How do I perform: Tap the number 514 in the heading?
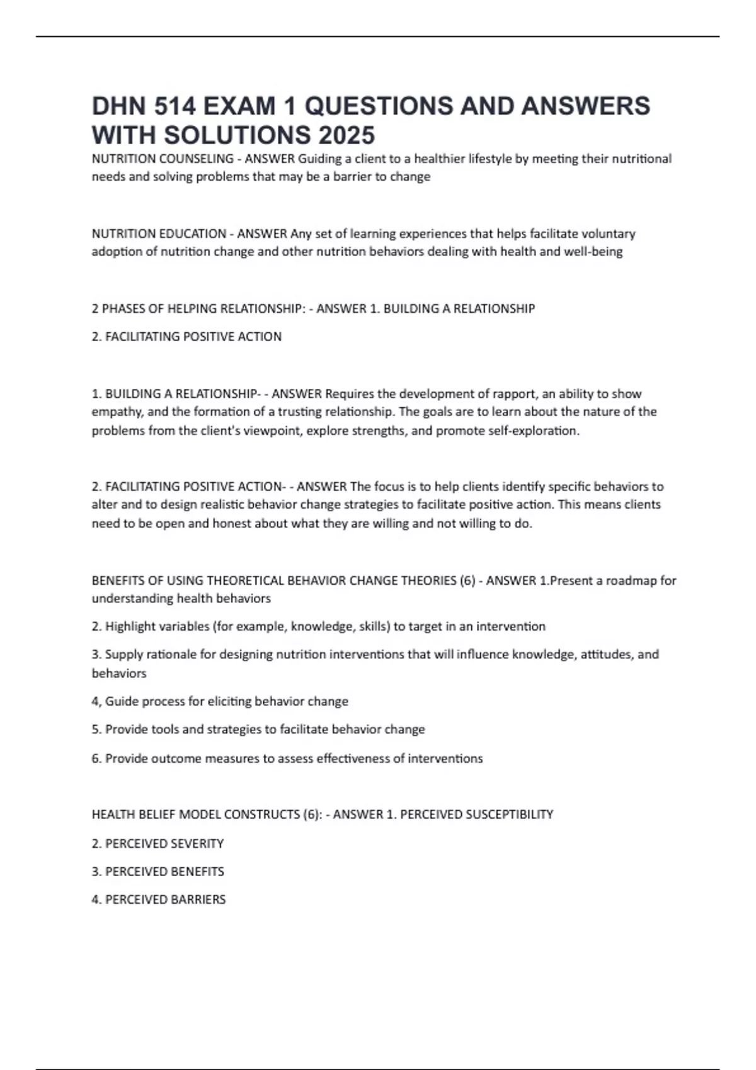173,106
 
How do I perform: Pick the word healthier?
439,159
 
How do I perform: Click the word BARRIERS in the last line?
195,900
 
